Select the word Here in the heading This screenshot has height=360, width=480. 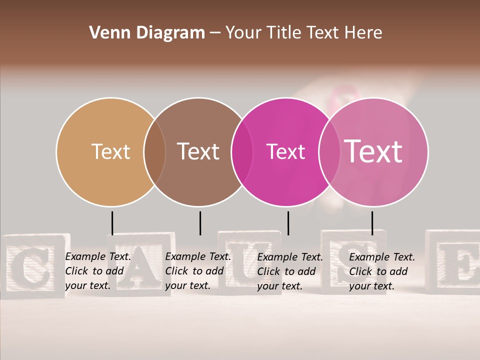coord(363,33)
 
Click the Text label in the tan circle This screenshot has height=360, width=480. coord(110,151)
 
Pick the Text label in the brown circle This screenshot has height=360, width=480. coord(198,151)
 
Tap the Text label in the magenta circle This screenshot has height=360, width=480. coord(285,151)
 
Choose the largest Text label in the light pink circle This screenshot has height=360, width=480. coord(373,151)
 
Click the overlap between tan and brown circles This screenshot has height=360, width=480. coord(154,152)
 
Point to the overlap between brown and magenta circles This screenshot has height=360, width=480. coord(242,152)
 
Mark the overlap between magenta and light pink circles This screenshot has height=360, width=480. coord(329,152)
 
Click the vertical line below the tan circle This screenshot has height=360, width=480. coord(112,223)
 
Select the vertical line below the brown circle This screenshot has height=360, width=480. coord(200,223)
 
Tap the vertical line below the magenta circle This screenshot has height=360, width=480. coord(288,223)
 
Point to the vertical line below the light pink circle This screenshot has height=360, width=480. coord(372,223)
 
